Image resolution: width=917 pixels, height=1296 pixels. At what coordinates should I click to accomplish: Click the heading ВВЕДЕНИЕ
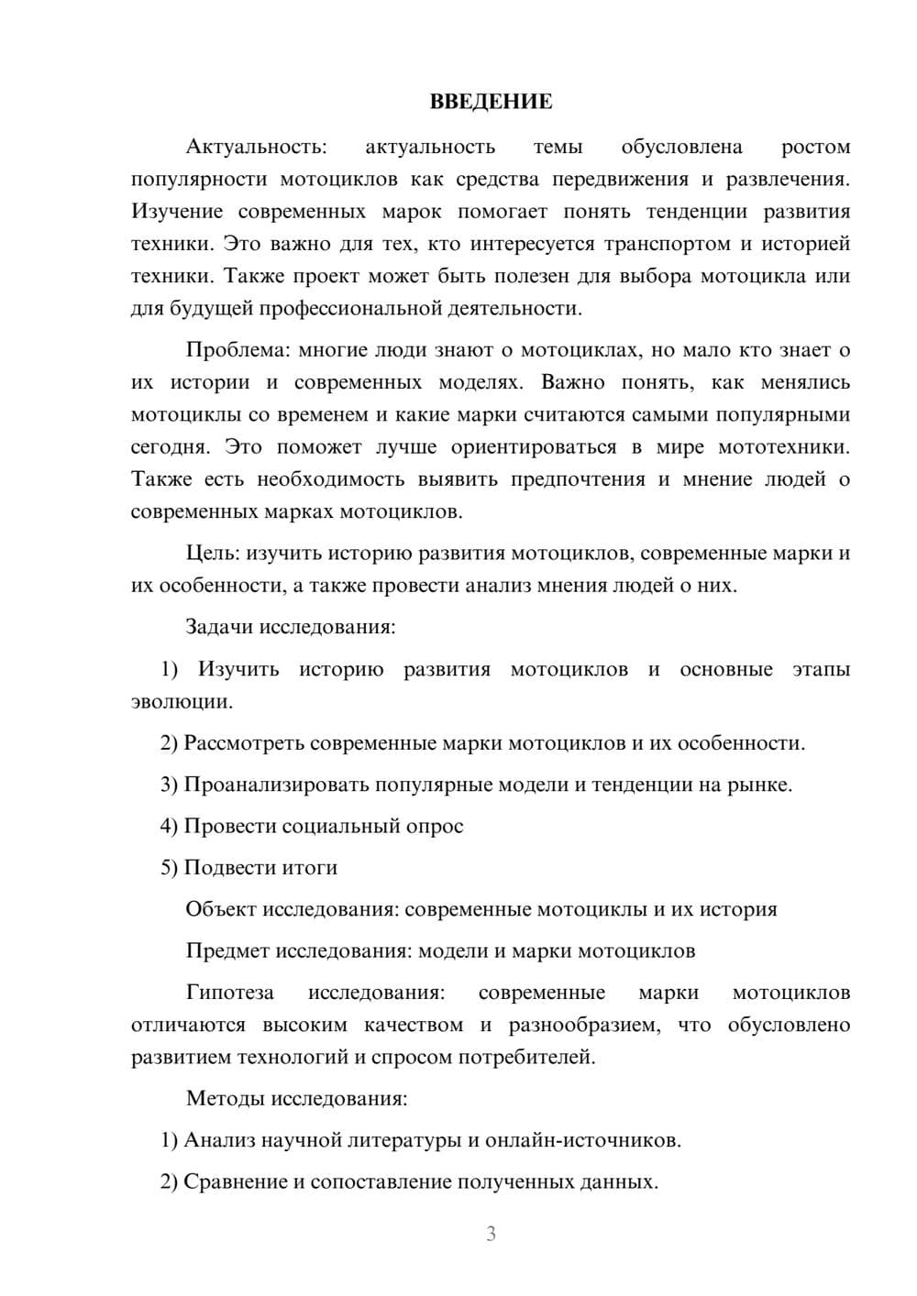pos(491,102)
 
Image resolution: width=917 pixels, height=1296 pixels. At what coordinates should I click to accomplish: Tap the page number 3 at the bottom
pos(491,1234)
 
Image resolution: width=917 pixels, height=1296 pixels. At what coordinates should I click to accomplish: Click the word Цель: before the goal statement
pos(214,553)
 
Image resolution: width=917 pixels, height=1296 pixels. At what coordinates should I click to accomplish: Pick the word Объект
pos(221,909)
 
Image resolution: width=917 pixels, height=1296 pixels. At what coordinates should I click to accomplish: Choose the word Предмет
pos(228,950)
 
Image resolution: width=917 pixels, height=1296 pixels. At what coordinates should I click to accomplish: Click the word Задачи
pos(219,627)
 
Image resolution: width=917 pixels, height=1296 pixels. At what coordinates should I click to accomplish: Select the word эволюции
pos(181,702)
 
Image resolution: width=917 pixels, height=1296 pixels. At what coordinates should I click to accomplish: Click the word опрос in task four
pos(434,826)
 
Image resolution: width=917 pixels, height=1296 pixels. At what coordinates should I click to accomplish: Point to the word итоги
pos(308,867)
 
